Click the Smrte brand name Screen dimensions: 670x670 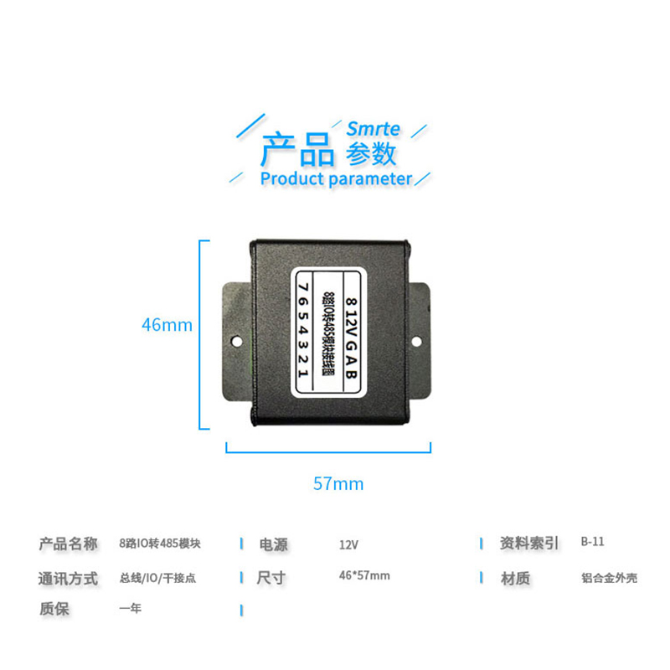(374, 129)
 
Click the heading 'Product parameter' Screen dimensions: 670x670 (336, 178)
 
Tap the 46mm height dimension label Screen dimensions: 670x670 (167, 325)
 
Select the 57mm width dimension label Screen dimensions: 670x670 (338, 483)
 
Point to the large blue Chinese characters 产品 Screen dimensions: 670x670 (297, 149)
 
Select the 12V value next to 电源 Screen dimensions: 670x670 (348, 544)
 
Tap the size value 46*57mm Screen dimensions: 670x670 (364, 575)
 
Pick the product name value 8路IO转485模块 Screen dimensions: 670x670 (160, 543)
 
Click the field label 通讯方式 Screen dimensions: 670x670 (68, 578)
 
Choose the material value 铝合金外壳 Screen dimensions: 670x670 (609, 578)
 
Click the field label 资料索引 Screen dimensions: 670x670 (528, 544)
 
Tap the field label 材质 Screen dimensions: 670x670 (514, 578)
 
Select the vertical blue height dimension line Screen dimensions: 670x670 (200, 335)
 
